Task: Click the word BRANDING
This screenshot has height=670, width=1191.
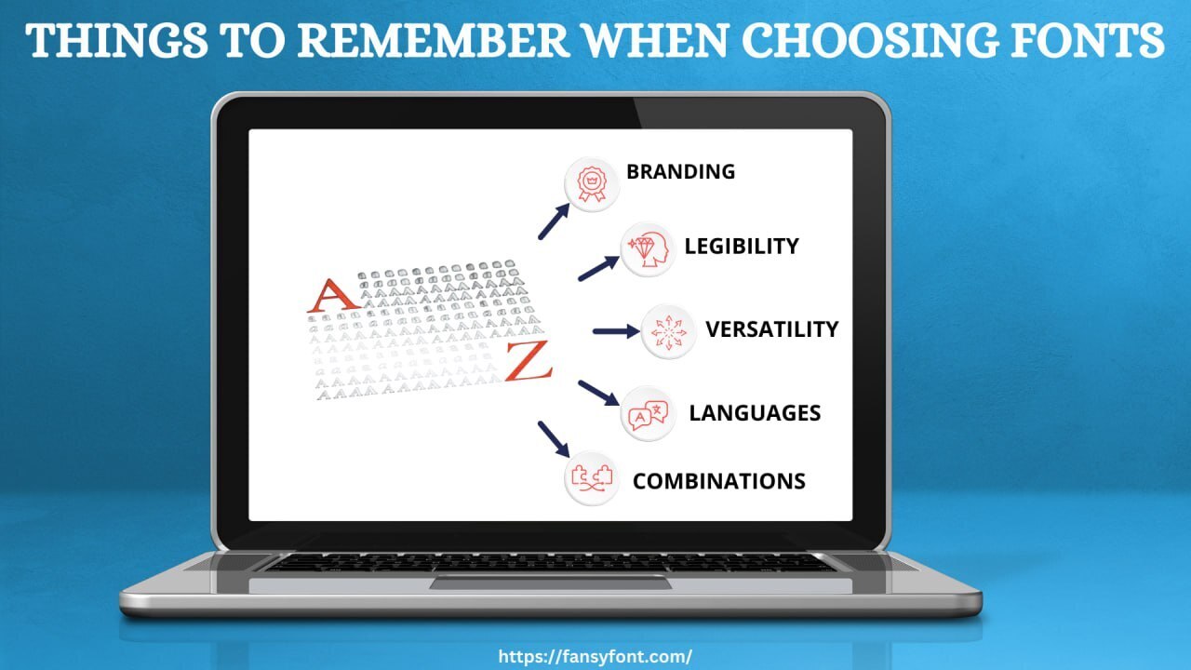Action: [x=680, y=172]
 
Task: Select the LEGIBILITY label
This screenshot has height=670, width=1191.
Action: [x=742, y=247]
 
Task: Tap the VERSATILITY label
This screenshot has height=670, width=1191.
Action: [x=771, y=329]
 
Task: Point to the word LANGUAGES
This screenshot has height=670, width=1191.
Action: [x=755, y=413]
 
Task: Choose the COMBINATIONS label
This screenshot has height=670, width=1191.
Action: [x=718, y=481]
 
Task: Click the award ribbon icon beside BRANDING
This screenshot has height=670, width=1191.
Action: [x=592, y=184]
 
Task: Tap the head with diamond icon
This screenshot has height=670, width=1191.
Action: [x=648, y=249]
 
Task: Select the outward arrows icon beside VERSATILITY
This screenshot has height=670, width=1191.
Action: [x=668, y=331]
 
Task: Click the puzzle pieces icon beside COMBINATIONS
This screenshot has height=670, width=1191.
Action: [x=592, y=479]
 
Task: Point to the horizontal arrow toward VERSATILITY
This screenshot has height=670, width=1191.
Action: [x=615, y=331]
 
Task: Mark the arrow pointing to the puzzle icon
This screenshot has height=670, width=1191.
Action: [x=554, y=438]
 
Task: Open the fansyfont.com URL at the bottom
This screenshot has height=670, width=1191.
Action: [x=595, y=656]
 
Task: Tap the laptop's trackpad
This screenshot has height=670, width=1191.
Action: [x=550, y=583]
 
